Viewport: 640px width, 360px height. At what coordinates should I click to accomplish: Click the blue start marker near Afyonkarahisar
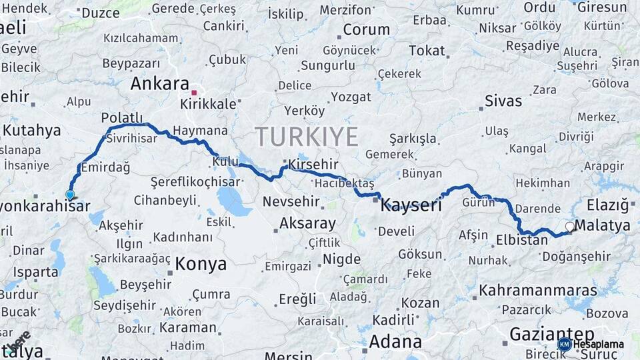(70, 195)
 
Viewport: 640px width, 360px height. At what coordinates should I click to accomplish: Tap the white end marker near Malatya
(570, 227)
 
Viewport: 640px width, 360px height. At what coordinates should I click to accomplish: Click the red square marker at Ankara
(194, 93)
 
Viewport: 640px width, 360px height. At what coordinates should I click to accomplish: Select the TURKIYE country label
(307, 136)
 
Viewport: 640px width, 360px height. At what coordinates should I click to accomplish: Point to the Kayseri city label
(411, 205)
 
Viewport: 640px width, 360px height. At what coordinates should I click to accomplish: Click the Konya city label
(200, 264)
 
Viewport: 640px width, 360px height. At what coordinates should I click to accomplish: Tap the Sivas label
(503, 101)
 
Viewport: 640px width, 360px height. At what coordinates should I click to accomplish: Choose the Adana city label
(395, 342)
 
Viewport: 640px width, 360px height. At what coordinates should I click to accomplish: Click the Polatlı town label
(122, 117)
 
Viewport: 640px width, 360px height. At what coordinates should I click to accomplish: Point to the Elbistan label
(522, 240)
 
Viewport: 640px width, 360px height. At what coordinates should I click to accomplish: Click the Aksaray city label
(307, 223)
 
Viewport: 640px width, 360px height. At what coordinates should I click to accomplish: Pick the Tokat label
(427, 51)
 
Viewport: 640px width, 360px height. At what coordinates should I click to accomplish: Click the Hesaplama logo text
(599, 344)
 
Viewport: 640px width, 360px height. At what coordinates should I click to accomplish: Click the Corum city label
(366, 29)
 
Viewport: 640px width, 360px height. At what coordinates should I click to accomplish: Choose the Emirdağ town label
(107, 167)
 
